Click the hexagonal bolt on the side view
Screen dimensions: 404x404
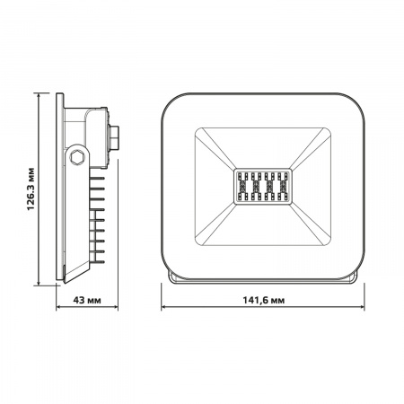tap(78, 157)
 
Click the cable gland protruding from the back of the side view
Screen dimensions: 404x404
tap(117, 136)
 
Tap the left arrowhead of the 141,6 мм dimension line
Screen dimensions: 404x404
tap(165, 305)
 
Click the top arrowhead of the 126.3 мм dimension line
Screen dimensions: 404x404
tap(41, 93)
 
